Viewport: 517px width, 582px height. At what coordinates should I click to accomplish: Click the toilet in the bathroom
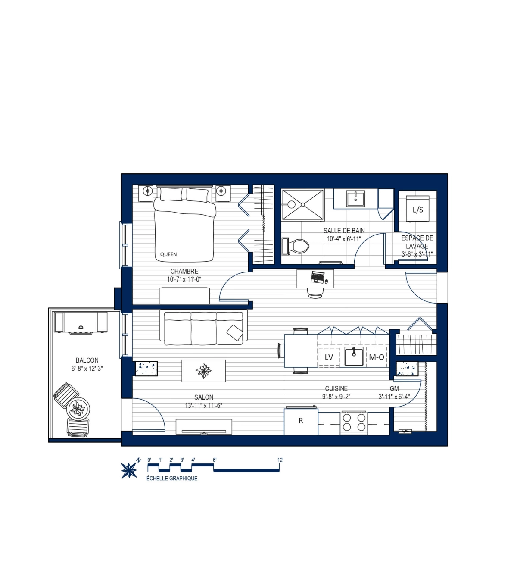pos(295,246)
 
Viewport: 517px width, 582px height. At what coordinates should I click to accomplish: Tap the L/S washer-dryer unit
pos(417,209)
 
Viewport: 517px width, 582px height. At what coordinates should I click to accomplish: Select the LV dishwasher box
pos(329,357)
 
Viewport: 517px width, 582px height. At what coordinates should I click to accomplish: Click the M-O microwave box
pos(377,357)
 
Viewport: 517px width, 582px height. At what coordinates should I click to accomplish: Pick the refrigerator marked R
pos(301,421)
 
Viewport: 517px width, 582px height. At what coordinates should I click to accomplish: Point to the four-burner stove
pos(354,422)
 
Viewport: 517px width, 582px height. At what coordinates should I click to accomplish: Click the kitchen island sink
pos(354,356)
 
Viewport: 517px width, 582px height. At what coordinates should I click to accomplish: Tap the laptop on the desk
pos(318,277)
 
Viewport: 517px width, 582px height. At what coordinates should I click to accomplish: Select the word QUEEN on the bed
pos(168,254)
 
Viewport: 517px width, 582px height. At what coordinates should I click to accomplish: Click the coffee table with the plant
pos(203,371)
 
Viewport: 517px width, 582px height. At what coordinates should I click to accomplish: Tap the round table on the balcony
pos(78,409)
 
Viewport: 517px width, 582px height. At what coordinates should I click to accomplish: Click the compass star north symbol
pos(129,470)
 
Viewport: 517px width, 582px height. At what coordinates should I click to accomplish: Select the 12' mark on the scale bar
pos(280,460)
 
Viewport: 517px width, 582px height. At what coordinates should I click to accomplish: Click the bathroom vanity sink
pos(355,198)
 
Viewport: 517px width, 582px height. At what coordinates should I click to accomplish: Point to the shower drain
pos(303,205)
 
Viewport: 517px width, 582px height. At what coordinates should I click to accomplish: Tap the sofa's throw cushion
pos(235,333)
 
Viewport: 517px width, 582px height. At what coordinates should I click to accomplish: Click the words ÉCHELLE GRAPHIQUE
pos(171,478)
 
